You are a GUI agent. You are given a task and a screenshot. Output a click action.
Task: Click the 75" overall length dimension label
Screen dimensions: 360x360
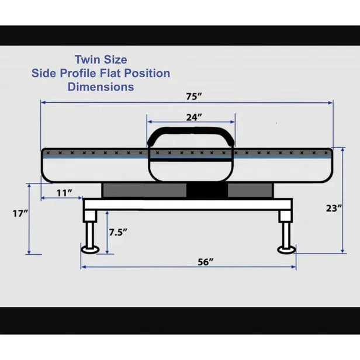tap(194, 96)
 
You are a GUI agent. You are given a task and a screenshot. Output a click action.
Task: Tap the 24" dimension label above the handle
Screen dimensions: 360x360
tap(194, 117)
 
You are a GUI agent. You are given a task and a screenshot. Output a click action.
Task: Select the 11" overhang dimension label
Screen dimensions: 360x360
tap(64, 193)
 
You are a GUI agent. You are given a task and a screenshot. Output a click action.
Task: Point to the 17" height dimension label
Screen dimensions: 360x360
tap(20, 213)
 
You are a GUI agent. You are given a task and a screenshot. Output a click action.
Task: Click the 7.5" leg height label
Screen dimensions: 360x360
tap(118, 233)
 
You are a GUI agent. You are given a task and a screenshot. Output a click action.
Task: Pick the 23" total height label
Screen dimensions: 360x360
tap(334, 208)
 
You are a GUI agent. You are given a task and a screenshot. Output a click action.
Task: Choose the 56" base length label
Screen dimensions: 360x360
tap(206, 262)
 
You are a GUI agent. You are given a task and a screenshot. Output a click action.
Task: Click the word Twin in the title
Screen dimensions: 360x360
tap(86, 60)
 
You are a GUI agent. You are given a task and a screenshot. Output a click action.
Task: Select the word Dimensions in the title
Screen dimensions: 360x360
tap(101, 87)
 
